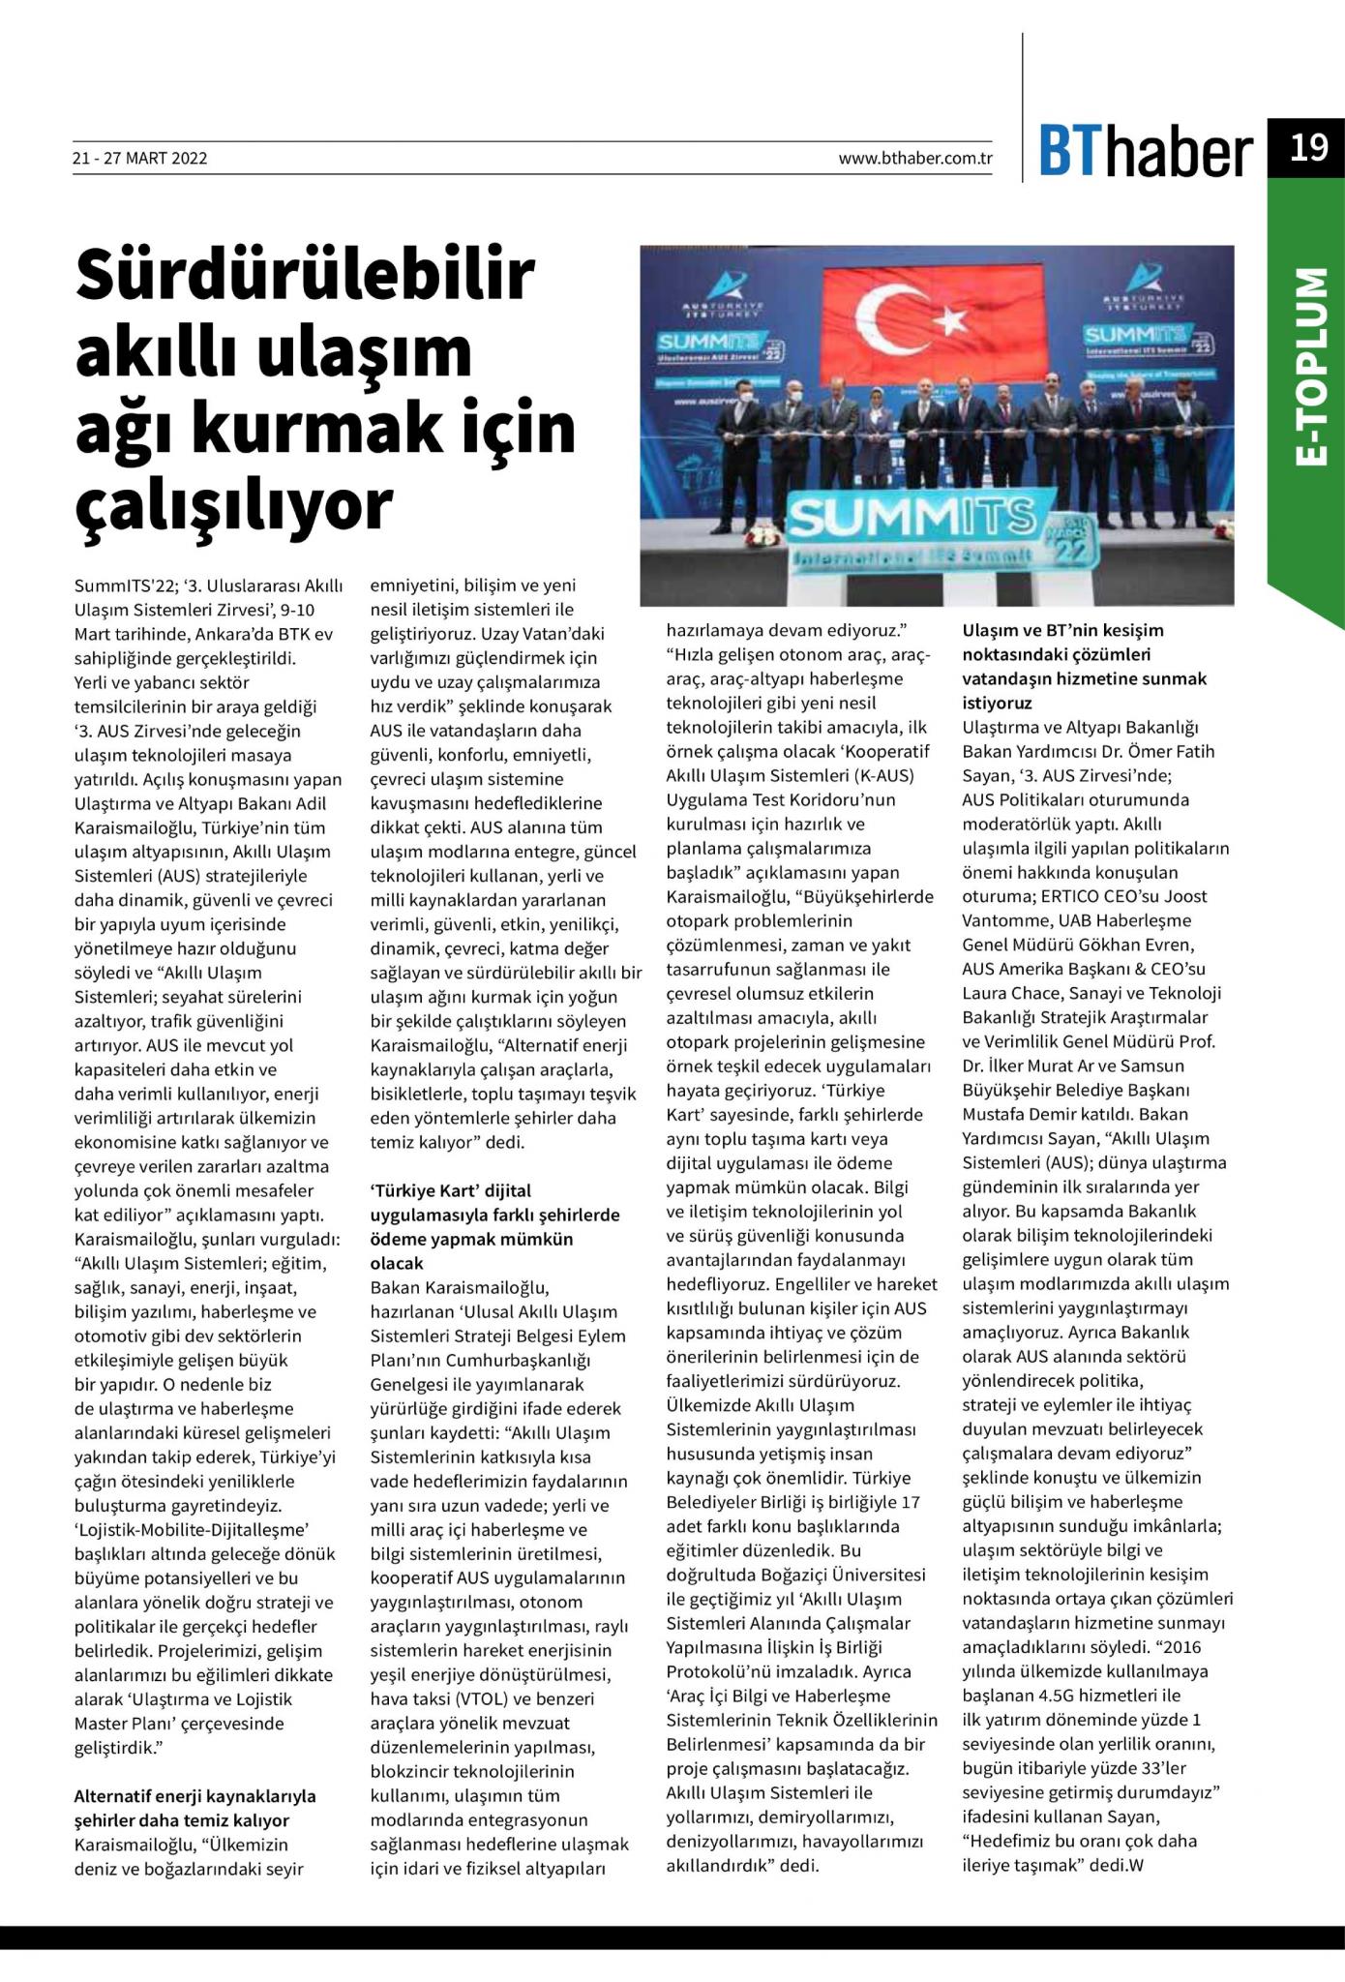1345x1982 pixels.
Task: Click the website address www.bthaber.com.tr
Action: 915,159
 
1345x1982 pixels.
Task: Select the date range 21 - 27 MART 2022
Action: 139,159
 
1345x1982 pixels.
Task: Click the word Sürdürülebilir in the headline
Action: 305,276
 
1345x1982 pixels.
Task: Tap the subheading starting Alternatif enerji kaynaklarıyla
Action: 194,1796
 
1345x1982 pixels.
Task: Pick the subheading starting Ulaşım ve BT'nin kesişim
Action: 1062,630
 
